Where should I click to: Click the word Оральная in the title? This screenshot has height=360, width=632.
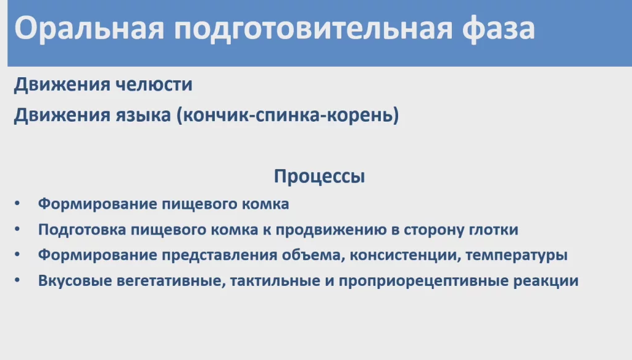pyautogui.click(x=89, y=29)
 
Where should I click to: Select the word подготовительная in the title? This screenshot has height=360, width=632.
pyautogui.click(x=313, y=29)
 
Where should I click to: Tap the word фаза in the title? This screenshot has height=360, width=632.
pyautogui.click(x=498, y=28)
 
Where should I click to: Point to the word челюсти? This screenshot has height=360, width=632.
pyautogui.click(x=154, y=85)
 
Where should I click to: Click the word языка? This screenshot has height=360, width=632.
pyautogui.click(x=143, y=115)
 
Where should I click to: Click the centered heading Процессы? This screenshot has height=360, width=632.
pyautogui.click(x=319, y=177)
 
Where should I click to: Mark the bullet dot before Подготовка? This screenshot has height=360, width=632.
pyautogui.click(x=17, y=229)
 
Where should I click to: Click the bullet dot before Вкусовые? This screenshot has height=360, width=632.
pyautogui.click(x=17, y=280)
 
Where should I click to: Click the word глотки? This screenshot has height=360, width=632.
pyautogui.click(x=494, y=230)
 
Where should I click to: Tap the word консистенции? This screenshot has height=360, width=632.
pyautogui.click(x=405, y=255)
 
